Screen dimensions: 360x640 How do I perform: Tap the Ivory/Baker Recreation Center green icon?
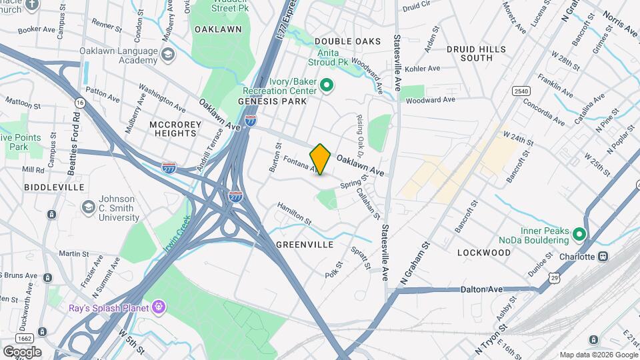(327, 85)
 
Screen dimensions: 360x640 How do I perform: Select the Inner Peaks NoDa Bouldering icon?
(579, 234)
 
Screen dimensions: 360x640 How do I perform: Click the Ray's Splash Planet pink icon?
(158, 307)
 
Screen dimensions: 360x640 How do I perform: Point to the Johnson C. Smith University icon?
(87, 207)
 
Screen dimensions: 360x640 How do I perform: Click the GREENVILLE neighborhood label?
(305, 245)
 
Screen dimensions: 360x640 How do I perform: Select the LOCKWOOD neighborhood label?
(484, 253)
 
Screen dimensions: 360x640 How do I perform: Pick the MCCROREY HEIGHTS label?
(173, 129)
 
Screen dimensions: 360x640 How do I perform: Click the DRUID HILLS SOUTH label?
(479, 53)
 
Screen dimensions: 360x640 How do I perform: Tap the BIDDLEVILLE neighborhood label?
(47, 187)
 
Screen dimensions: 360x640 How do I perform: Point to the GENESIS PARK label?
(272, 101)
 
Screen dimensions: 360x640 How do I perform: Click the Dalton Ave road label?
(481, 289)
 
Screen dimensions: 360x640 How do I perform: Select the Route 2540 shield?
(521, 91)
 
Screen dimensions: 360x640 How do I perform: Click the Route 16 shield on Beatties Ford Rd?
(81, 103)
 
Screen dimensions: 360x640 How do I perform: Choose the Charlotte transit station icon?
(603, 256)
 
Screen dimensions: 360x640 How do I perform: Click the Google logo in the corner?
(21, 351)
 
